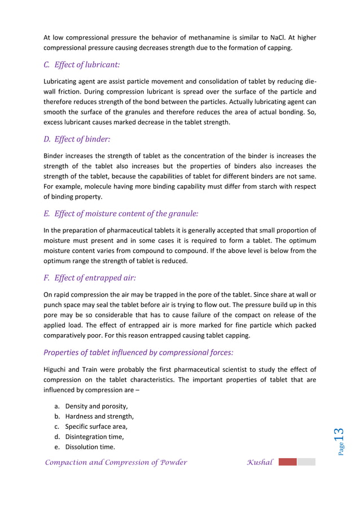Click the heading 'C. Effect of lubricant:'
pos(81,65)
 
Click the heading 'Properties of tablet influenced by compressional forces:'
pos(138,353)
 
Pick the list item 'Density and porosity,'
pos(96,406)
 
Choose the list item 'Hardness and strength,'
pos(99,416)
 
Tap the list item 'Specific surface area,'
pos(96,427)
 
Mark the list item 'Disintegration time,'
pos(94,437)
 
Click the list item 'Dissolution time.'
pos(90,447)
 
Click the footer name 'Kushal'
pos(260,463)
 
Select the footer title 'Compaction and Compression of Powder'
pos(116,463)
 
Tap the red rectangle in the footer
pos(287,462)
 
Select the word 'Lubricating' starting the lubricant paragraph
pos(63,81)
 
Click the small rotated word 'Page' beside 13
pos(341,449)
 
